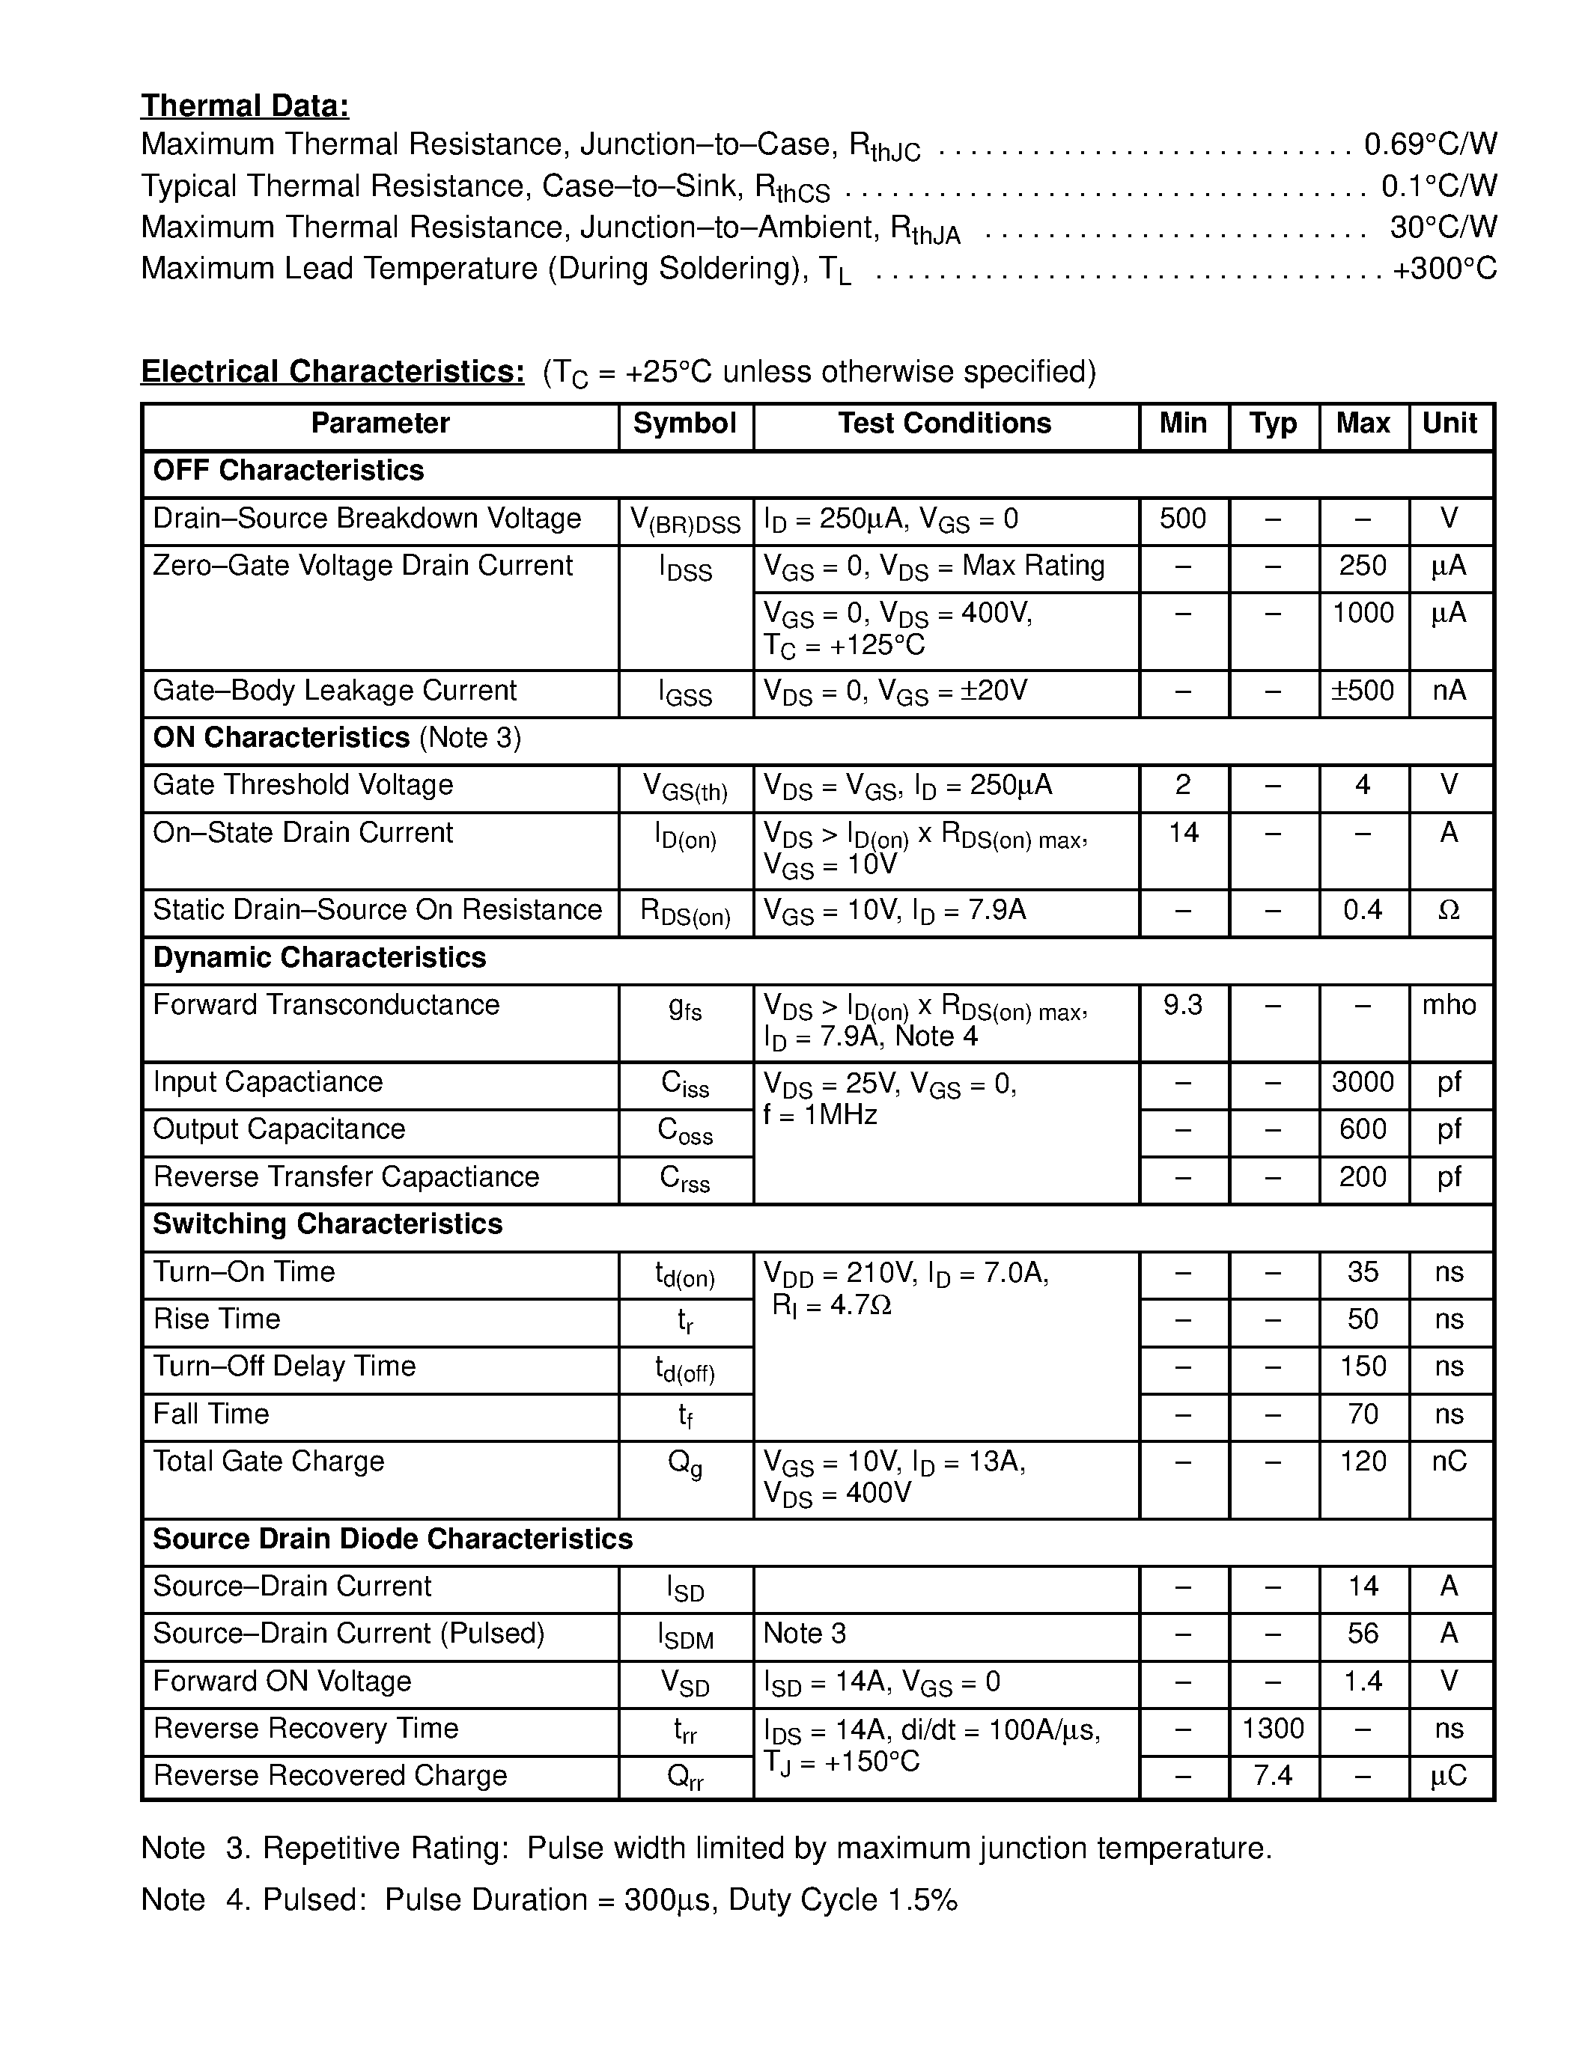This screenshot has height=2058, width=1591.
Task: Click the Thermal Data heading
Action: point(245,106)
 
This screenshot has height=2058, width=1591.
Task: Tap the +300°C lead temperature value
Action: point(1444,269)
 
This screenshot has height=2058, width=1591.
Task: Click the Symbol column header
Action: point(684,424)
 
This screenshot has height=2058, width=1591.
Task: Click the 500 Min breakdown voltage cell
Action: point(1182,519)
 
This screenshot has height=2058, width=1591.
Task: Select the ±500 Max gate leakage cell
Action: point(1362,691)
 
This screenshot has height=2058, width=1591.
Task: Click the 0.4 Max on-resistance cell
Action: point(1362,910)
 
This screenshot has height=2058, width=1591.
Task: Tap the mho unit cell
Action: point(1449,1006)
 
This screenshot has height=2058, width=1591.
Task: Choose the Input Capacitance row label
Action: point(268,1083)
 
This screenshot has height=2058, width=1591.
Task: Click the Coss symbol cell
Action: point(685,1131)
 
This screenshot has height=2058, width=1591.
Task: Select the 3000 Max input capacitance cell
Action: point(1362,1083)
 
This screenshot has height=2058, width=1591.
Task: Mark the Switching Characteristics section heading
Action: point(327,1224)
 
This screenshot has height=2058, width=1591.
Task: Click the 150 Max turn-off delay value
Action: point(1363,1367)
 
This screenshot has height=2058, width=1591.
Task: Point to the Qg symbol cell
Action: point(685,1462)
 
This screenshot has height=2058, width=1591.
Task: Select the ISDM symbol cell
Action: point(685,1636)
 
